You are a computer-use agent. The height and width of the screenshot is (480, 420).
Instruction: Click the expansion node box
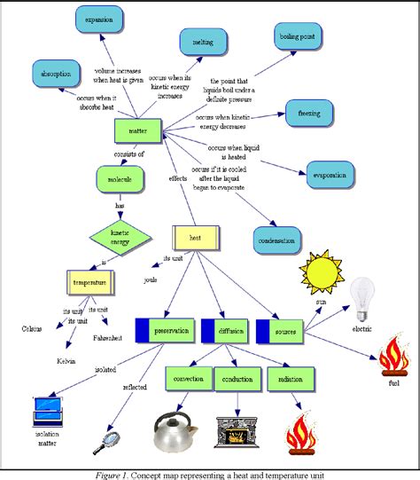98,18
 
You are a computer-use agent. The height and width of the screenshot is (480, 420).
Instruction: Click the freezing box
309,112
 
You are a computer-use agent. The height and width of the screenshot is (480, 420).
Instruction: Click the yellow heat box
195,237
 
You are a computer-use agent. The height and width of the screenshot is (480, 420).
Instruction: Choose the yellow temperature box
90,284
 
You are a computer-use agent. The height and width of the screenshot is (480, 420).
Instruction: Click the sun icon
320,271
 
